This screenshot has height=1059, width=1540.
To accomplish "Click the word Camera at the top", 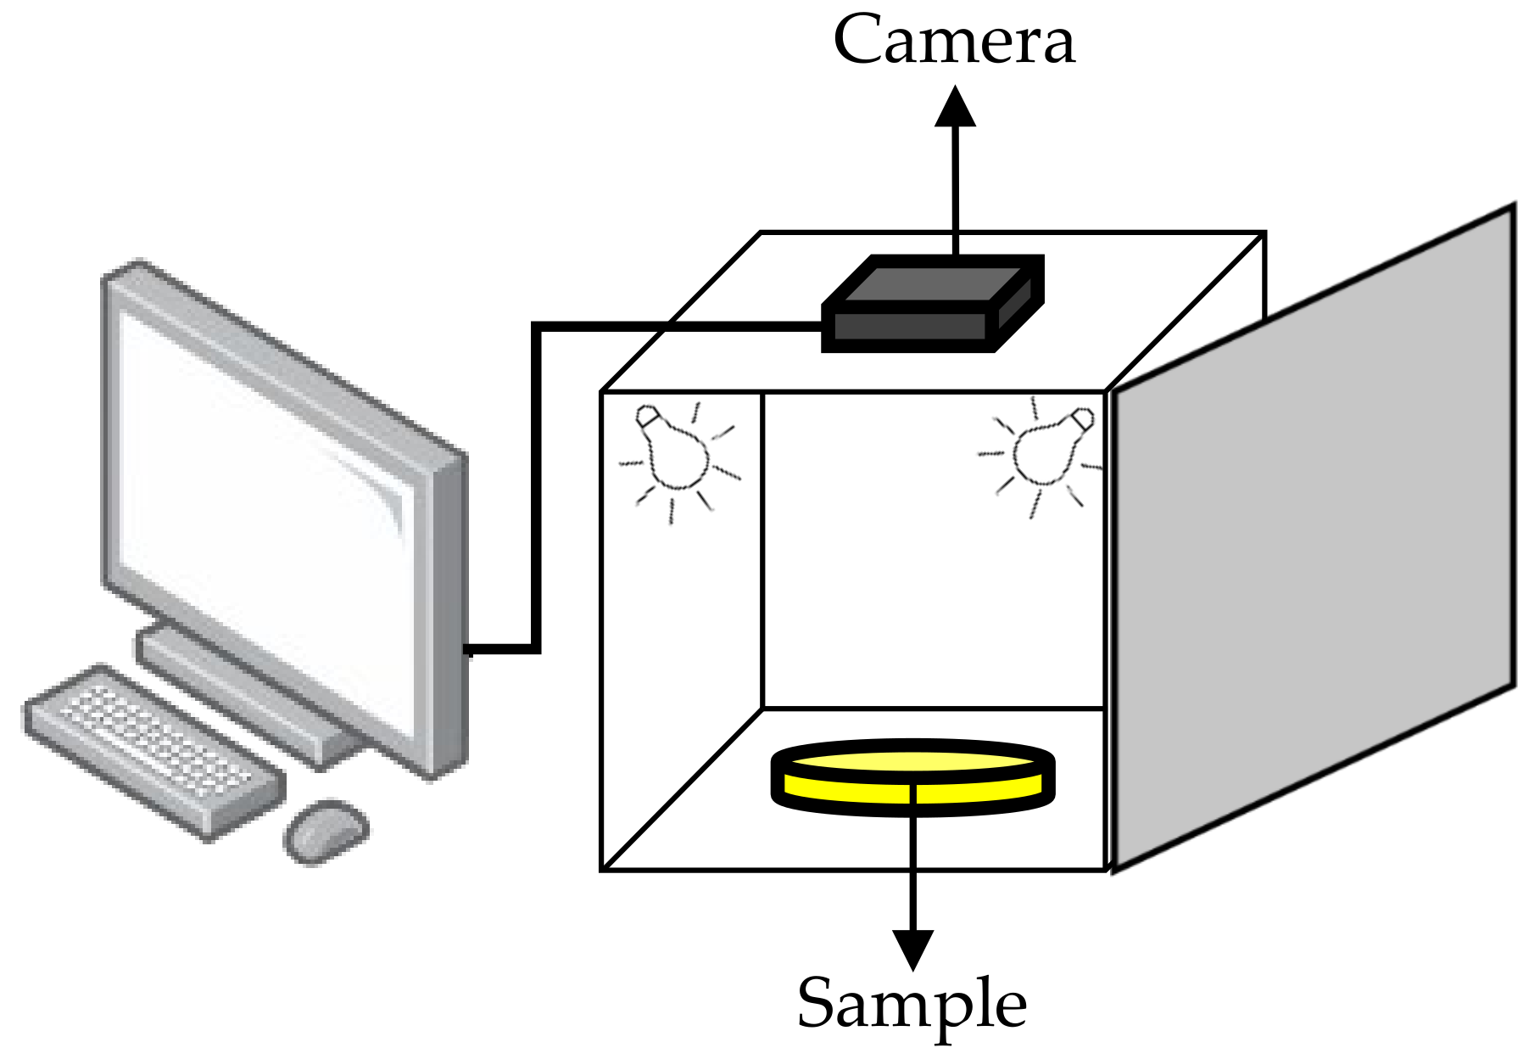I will click(x=954, y=41).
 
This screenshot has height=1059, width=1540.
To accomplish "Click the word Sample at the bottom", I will click(x=912, y=1003).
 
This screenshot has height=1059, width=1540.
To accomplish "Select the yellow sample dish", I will click(x=912, y=776).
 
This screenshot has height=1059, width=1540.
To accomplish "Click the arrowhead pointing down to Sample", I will click(x=913, y=949).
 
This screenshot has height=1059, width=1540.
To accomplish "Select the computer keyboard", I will click(x=153, y=751).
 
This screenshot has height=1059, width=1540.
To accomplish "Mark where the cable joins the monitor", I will click(x=469, y=650).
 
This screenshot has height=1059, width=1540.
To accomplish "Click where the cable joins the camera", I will click(x=823, y=326).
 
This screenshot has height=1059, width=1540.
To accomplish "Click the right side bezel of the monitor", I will click(x=450, y=611).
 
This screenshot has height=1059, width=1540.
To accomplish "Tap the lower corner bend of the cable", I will click(x=536, y=649).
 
